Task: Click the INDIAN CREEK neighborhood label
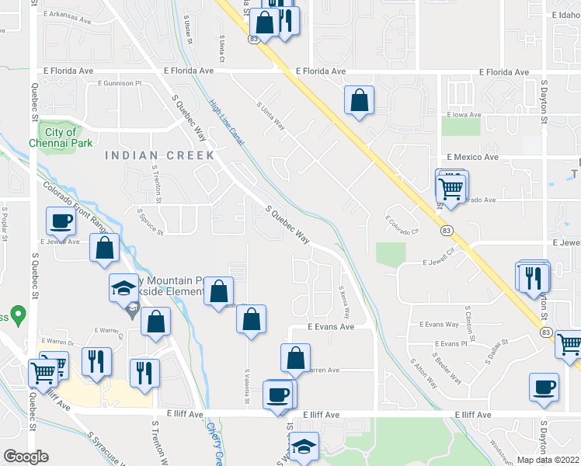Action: tap(160, 155)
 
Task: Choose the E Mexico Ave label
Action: tap(471, 157)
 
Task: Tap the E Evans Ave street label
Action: tap(330, 327)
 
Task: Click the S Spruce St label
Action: tap(150, 221)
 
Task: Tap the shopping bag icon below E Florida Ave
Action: tap(359, 100)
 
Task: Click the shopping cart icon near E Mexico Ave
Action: tap(451, 187)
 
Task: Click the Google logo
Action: tap(26, 457)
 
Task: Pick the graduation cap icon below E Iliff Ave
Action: tap(304, 447)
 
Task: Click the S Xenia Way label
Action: tap(343, 303)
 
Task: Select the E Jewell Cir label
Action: tap(438, 263)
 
